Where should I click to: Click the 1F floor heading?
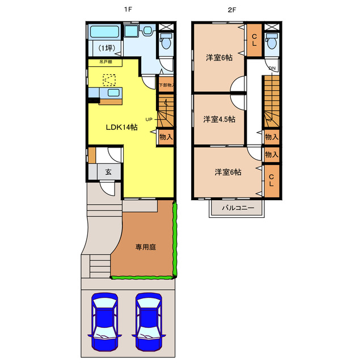130,10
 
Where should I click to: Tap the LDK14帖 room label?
121,127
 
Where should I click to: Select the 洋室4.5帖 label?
220,119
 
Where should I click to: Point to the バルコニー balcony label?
237,208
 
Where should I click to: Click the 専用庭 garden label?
145,247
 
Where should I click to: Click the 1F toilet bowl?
167,43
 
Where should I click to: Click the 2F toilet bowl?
272,43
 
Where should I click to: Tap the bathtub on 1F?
104,31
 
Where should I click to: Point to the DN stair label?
272,69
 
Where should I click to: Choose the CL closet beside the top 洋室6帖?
254,40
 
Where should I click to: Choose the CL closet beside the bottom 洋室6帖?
271,181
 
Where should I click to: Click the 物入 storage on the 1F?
165,137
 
